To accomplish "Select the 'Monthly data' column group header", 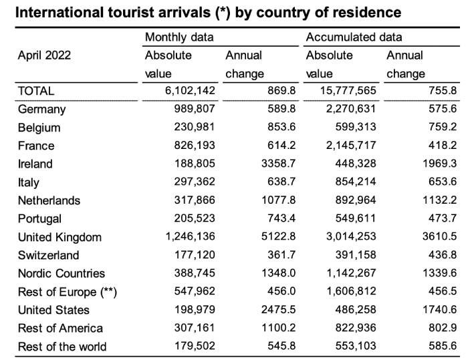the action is point(179,37).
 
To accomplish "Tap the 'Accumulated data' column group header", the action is point(354,37).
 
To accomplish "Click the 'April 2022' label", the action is point(44,55).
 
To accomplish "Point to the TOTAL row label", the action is point(36,91).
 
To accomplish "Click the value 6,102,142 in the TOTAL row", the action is point(190,91).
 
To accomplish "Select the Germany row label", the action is point(41,110).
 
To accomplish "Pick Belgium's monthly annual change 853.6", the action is point(281,127).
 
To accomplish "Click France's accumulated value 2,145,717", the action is point(351,146).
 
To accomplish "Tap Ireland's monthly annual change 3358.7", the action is point(279,164).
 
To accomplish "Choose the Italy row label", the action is point(28,182).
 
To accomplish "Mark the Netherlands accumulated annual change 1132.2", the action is point(440,200).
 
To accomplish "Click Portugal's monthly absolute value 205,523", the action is point(195,218).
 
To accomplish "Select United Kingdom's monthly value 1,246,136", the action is point(190,237).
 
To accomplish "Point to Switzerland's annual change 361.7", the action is point(281,255).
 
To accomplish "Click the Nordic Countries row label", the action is point(62,273).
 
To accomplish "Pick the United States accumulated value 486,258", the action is point(356,310).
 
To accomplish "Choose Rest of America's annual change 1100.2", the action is point(279,328).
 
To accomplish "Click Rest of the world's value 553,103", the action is point(356,346).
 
